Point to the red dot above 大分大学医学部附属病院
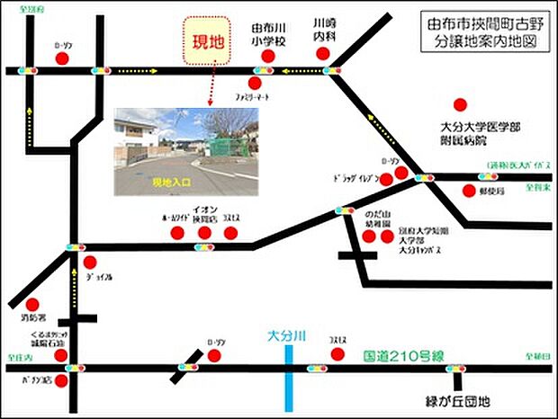coord(461,104)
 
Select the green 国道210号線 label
coord(395,357)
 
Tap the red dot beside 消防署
coord(33,305)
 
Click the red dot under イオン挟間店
coord(204,233)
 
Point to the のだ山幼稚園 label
coord(376,219)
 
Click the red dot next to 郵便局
coord(469,190)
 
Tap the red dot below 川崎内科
coord(324,55)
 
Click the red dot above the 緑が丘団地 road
coord(337,354)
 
